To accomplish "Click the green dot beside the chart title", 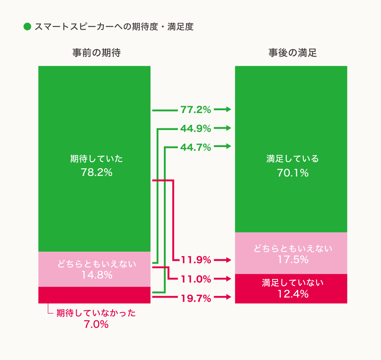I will pos(27,27).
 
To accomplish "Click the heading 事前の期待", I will pos(97,53).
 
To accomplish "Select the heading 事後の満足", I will pos(292,53).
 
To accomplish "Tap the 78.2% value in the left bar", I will pos(97,172).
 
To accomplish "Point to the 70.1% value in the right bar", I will pos(292,173).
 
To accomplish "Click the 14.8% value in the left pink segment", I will pos(97,275).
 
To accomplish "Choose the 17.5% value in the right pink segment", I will pos(293,260).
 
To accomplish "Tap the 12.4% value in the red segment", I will pos(293,294).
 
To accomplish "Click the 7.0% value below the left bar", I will pos(96,324).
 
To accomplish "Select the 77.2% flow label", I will pos(196,110).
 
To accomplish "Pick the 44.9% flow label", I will pos(196,129).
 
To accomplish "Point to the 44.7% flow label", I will pos(196,147).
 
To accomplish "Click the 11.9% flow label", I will pos(196,260).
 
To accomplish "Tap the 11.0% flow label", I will pos(196,279).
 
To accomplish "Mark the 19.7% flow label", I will pos(196,298).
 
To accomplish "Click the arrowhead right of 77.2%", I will pos(228,109).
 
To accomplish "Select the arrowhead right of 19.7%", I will pos(228,297).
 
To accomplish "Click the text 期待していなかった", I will pos(96,313).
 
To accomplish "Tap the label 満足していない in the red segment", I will pos(293,283).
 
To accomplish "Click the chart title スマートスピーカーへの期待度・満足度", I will pos(114,27).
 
